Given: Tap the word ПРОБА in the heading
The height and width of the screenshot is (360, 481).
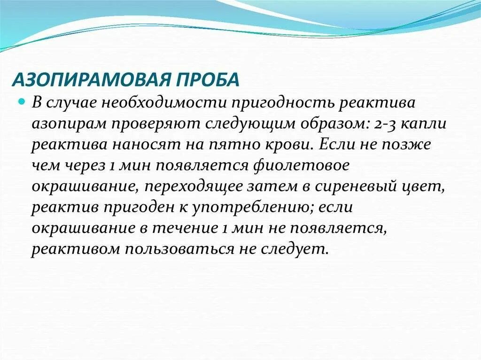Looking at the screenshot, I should (x=212, y=79).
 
